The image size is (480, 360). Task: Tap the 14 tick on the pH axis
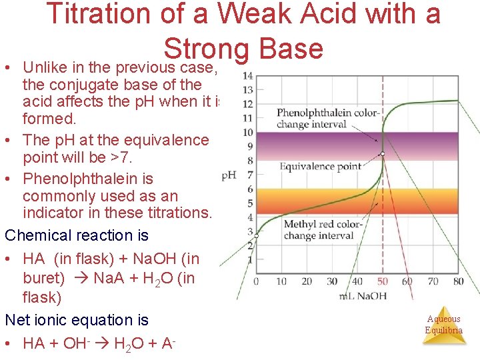point(247,75)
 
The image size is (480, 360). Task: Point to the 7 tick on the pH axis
point(248,175)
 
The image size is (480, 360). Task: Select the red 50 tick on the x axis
point(382,281)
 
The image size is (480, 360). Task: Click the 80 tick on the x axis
point(458,281)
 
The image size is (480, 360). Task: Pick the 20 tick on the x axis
point(307,281)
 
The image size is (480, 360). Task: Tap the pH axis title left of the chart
point(229,175)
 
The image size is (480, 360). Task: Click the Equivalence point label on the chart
point(320,167)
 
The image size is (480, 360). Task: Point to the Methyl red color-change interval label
point(323,230)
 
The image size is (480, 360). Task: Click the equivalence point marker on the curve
point(383,154)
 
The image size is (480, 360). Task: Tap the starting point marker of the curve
point(256,235)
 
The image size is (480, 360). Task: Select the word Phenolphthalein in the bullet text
point(88,179)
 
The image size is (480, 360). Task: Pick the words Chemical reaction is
point(77,235)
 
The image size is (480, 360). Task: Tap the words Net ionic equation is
point(77,320)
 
